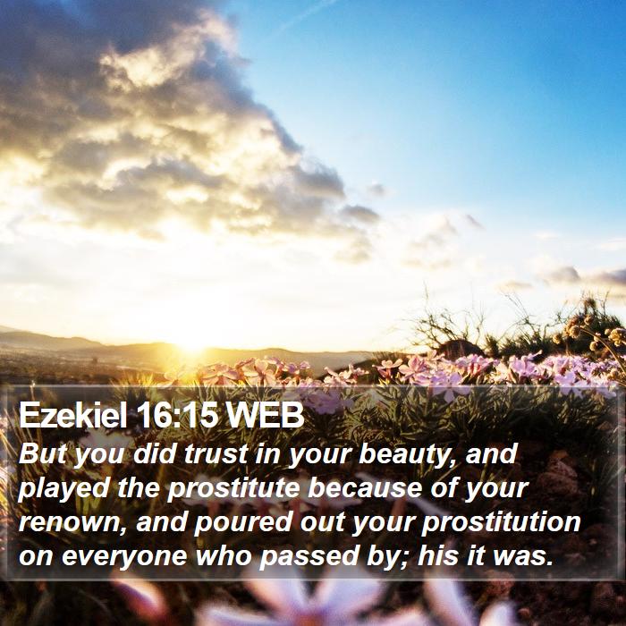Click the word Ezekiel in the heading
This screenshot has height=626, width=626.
pos(72,415)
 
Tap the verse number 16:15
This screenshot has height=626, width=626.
pos(176,415)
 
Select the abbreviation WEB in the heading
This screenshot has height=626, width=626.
pos(265,415)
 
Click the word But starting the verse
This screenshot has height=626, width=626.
pos(42,454)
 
